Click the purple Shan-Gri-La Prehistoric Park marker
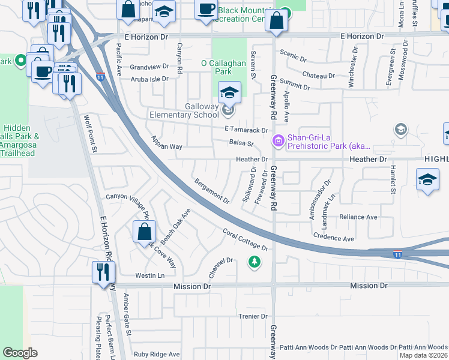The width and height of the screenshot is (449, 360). click(x=278, y=141)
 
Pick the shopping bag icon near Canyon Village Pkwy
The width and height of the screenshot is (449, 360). click(x=145, y=231)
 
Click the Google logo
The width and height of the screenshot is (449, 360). click(x=20, y=353)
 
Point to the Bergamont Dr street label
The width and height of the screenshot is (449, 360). click(x=211, y=190)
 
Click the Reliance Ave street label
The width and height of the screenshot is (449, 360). click(x=358, y=217)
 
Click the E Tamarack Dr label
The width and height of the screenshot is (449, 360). click(x=245, y=130)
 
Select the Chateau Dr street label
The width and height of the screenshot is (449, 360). click(x=318, y=76)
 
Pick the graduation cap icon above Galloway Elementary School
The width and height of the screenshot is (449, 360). click(x=229, y=92)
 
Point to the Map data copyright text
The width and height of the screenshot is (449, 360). click(x=423, y=355)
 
